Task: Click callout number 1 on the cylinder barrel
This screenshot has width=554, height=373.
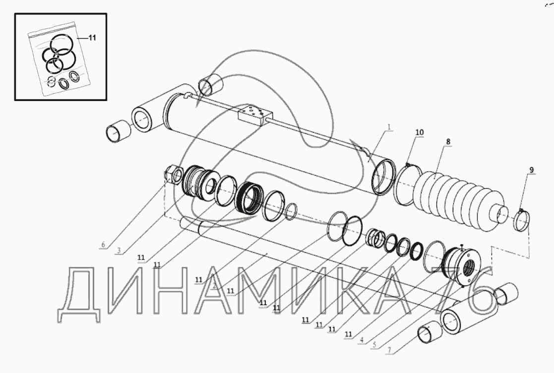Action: tap(389, 127)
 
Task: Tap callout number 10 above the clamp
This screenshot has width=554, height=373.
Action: tap(420, 132)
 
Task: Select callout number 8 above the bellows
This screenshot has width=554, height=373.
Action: tap(448, 142)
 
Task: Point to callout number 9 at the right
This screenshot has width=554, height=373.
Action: tap(531, 170)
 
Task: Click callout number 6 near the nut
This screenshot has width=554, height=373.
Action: tap(103, 245)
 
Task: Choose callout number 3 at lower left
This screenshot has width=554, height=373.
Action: tap(119, 251)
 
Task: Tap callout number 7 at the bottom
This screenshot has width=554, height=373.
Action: tap(389, 350)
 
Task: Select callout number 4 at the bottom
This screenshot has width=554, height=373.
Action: tap(362, 340)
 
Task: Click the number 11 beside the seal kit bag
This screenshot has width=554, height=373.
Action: tap(92, 38)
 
